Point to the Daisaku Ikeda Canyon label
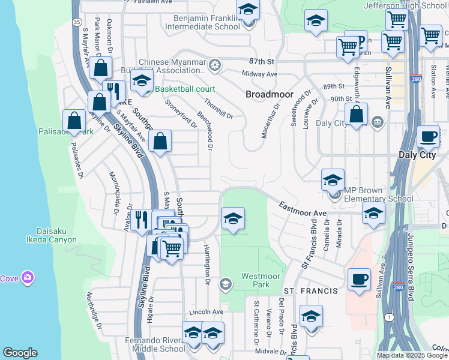[49, 235]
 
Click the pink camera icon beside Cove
[27, 278]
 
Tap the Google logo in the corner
[20, 353]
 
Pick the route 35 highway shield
[77, 22]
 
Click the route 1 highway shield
[391, 316]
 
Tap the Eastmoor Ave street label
[303, 209]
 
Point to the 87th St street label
[261, 62]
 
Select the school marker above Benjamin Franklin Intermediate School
[248, 10]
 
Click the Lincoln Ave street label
[206, 312]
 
